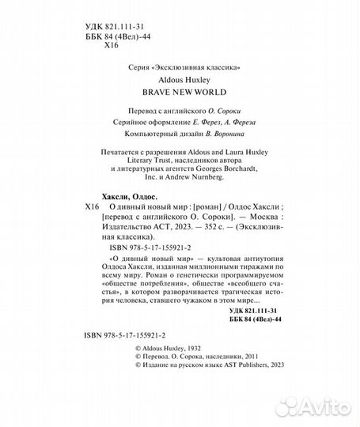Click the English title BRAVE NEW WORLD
pyautogui.click(x=184, y=93)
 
